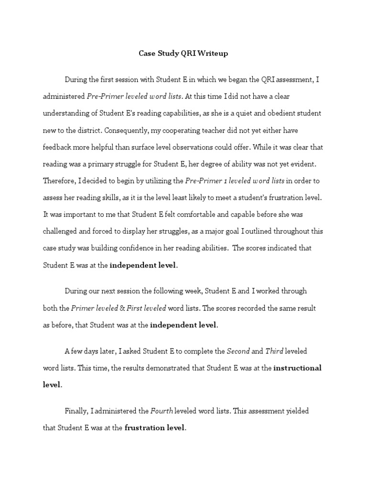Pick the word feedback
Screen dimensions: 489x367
tap(58, 147)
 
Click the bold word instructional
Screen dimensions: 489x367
tap(298, 368)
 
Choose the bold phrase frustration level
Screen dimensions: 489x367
tap(154, 428)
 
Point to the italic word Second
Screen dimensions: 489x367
tap(237, 351)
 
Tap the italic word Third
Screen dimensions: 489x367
tap(274, 351)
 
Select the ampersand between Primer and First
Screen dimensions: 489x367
tap(121, 308)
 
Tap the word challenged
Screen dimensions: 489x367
tap(62, 231)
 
